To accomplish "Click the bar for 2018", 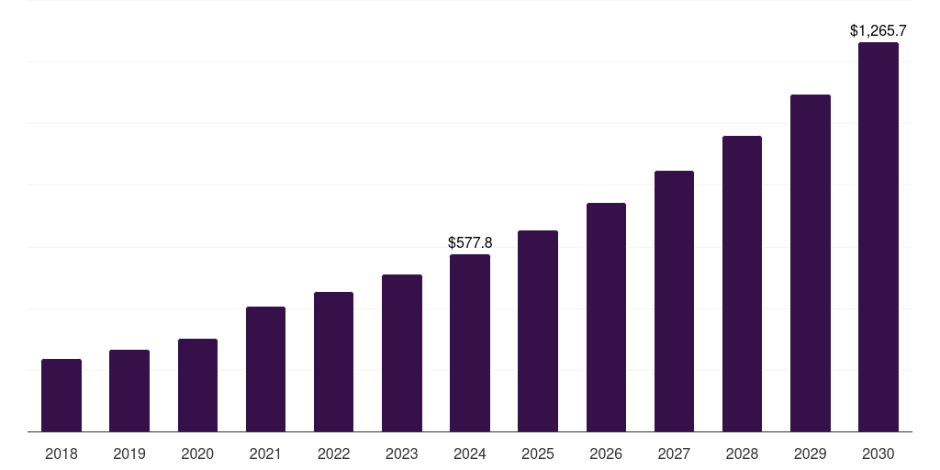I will [62, 395].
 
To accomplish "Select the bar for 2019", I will [129, 390].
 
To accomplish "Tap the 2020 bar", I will [197, 385].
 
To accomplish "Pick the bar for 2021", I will [265, 369].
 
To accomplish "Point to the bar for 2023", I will [402, 352].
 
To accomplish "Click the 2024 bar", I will [470, 342].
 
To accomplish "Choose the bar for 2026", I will [606, 317].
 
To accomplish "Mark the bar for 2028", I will [742, 284].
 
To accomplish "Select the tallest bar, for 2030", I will [878, 237].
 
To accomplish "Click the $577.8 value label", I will [470, 243].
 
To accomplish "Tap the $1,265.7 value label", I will [878, 31].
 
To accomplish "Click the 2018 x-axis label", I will [62, 453].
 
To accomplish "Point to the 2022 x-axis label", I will [333, 453].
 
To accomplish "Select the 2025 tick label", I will [538, 453].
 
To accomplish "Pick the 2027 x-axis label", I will [674, 453].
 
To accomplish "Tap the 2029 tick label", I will [810, 453].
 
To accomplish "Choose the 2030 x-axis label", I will [878, 453].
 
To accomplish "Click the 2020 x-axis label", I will [197, 453].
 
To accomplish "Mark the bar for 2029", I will [810, 263].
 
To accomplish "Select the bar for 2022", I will [333, 362].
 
